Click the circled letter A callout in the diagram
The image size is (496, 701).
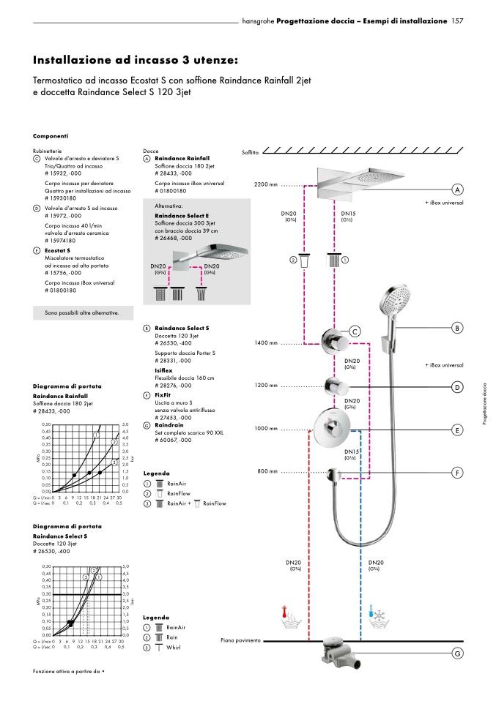[458, 189]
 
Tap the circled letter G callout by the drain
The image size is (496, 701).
[458, 653]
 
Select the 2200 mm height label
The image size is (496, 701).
[266, 184]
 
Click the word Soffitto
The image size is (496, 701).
[250, 152]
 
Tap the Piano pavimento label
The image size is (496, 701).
[240, 640]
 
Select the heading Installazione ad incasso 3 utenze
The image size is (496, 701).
[136, 59]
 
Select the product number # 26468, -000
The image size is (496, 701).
[174, 238]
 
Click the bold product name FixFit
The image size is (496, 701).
[163, 394]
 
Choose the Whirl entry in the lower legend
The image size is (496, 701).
[173, 648]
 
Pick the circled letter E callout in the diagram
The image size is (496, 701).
[458, 430]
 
